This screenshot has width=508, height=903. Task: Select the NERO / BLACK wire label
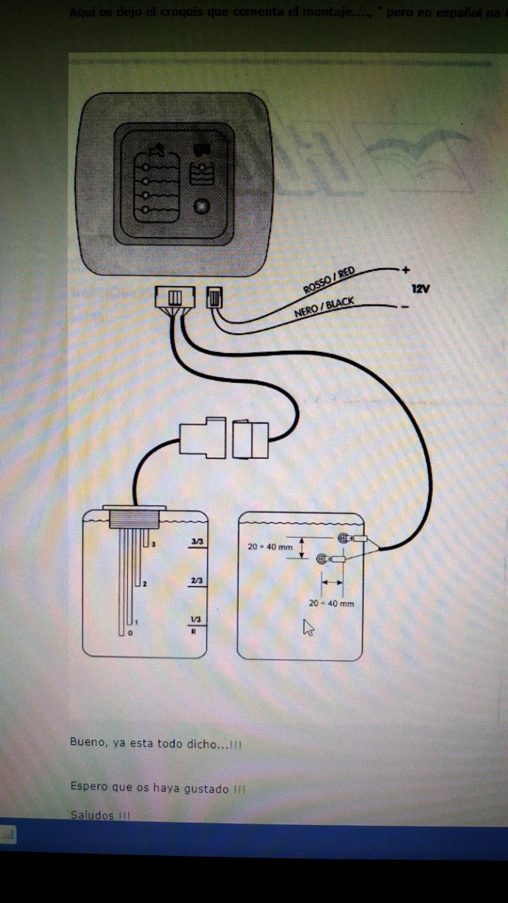coord(323,308)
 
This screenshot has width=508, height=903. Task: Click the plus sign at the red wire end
coord(405,270)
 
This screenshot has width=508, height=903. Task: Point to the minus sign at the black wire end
coord(404,306)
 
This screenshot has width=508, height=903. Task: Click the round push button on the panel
coord(200,207)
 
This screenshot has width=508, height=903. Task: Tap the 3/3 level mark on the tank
coord(196,542)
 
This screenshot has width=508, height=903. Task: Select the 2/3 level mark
coord(196,581)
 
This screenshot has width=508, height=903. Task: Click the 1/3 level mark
coord(196,619)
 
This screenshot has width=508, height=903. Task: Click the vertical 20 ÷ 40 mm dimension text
coord(270,547)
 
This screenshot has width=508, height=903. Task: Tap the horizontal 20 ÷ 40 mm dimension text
coord(331,603)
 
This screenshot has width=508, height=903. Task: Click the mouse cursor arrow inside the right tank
coord(308,627)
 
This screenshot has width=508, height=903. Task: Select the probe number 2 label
coord(144,583)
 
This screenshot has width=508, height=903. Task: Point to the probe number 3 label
coord(153,544)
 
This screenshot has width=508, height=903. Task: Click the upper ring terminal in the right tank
coord(343,538)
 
